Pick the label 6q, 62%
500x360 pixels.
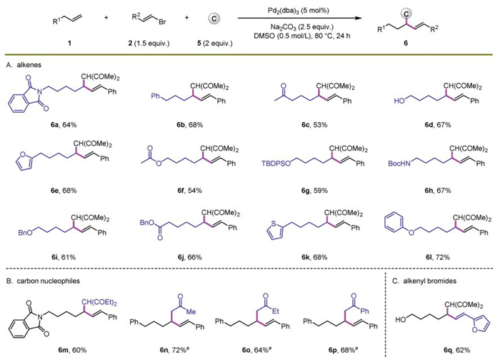(430, 349)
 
